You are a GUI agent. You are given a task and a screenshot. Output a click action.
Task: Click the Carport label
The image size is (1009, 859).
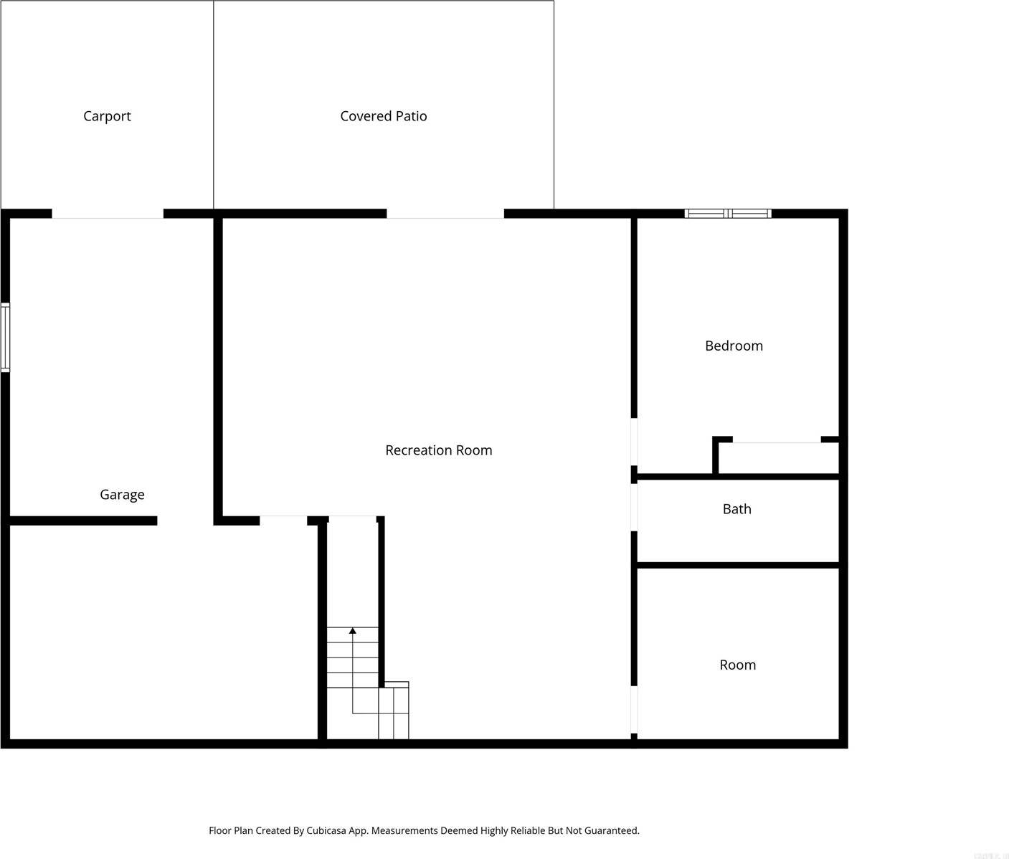click(x=107, y=116)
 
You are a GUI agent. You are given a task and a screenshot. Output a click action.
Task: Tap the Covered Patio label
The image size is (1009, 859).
click(x=383, y=116)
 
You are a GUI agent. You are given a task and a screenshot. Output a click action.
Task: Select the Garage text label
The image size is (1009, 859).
click(x=122, y=495)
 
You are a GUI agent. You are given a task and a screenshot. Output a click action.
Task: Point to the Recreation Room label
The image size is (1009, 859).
click(x=438, y=450)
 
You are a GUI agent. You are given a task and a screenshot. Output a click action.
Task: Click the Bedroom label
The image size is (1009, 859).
click(x=734, y=346)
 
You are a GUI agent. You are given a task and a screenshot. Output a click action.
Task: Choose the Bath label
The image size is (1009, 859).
click(x=736, y=509)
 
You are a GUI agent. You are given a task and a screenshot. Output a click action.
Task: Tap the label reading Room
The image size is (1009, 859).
click(x=737, y=665)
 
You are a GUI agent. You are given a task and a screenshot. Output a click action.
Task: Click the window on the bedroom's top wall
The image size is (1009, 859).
click(x=727, y=214)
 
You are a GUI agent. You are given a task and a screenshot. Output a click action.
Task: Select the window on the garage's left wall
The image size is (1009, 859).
click(x=6, y=337)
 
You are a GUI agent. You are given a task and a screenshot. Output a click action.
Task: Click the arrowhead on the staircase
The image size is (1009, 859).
click(x=352, y=631)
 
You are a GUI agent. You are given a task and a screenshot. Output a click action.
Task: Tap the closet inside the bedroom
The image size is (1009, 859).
click(x=778, y=459)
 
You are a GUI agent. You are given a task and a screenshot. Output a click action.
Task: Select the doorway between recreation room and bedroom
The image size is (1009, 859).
click(x=634, y=441)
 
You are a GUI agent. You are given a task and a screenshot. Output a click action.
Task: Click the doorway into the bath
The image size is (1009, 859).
click(x=634, y=507)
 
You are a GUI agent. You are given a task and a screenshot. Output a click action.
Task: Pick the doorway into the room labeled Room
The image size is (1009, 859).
click(x=634, y=709)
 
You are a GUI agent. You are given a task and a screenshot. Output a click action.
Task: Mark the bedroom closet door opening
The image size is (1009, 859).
click(x=777, y=440)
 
